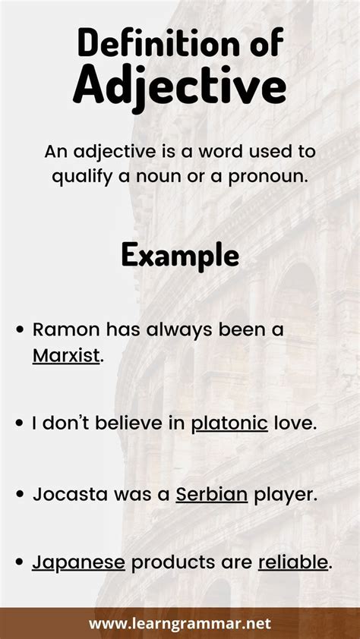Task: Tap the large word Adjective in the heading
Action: [x=180, y=87]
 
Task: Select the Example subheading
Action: [x=180, y=255]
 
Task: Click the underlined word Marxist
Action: [x=66, y=354]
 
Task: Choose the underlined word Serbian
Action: [x=212, y=494]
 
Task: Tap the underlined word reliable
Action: [x=293, y=563]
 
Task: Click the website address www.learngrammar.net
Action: [x=179, y=624]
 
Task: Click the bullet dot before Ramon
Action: [x=21, y=331]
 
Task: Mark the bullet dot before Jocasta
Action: [x=21, y=495]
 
